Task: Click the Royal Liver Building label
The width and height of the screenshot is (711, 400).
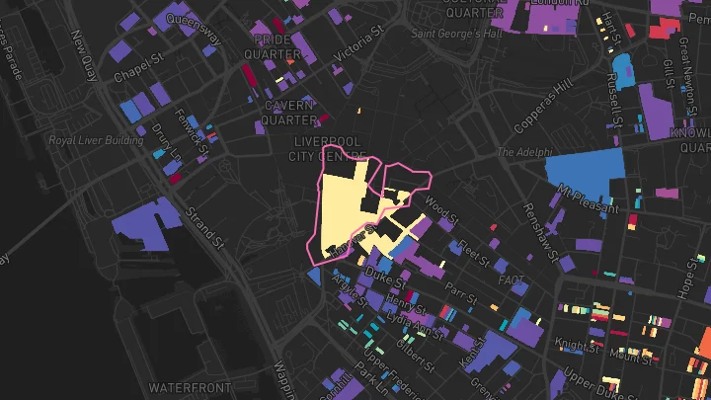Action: coord(96,140)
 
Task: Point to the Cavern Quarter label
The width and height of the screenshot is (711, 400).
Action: coord(288,113)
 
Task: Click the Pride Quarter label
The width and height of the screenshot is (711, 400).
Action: coord(277,46)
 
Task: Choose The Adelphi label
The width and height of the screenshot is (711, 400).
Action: coord(520,153)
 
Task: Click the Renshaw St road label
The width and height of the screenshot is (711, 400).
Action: coord(540,225)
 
